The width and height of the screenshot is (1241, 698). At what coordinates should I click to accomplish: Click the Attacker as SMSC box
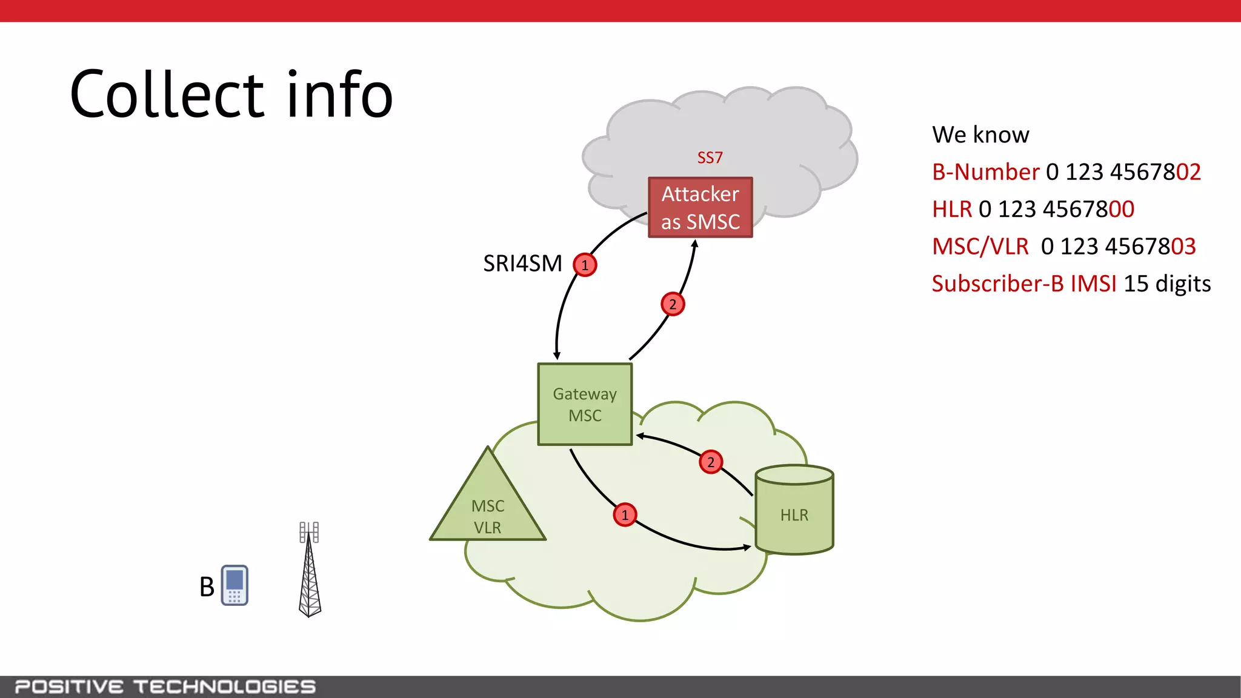(700, 207)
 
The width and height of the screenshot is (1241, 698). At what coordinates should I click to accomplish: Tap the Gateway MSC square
(585, 404)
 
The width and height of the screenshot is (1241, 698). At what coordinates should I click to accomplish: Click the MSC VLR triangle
(488, 509)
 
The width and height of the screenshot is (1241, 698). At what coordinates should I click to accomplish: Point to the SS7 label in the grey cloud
(710, 158)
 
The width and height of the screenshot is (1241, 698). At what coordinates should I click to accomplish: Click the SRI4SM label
(522, 264)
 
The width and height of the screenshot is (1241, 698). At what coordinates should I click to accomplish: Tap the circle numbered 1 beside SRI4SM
(585, 265)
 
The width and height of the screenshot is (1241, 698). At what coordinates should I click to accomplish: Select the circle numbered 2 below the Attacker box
(673, 304)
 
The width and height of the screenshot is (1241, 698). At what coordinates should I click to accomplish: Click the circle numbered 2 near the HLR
(711, 462)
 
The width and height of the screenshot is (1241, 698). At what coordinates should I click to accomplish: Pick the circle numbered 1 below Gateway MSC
(625, 515)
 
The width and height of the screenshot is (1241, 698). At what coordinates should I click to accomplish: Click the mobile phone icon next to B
(235, 585)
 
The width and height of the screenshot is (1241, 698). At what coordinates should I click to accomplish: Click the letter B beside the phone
(207, 587)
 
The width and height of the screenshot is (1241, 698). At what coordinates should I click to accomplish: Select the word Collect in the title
(167, 95)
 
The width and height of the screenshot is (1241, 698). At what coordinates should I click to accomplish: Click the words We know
(980, 135)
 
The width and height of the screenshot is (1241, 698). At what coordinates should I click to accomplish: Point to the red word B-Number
(985, 172)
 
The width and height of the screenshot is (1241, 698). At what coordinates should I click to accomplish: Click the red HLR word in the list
(951, 210)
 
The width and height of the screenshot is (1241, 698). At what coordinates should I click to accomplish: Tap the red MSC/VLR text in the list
(980, 247)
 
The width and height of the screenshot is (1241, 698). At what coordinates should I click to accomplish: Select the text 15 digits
(1167, 284)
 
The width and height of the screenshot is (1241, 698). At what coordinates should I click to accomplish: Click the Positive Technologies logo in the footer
(165, 686)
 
